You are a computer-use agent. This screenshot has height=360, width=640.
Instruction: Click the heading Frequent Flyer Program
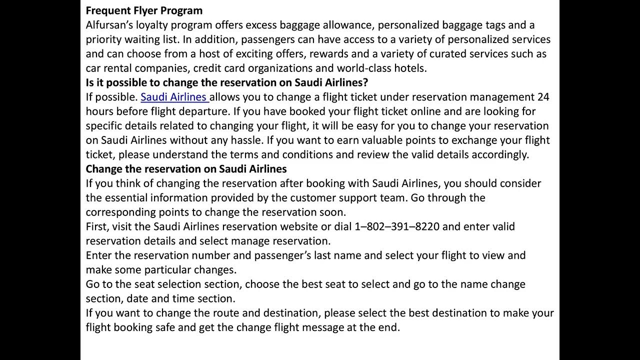(144, 10)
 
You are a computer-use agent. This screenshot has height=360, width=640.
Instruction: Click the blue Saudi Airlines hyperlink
(173, 97)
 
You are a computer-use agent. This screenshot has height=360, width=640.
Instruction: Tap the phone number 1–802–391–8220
(397, 226)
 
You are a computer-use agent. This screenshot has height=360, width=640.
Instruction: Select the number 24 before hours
(543, 97)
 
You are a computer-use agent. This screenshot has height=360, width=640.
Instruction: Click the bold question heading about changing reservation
(227, 82)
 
